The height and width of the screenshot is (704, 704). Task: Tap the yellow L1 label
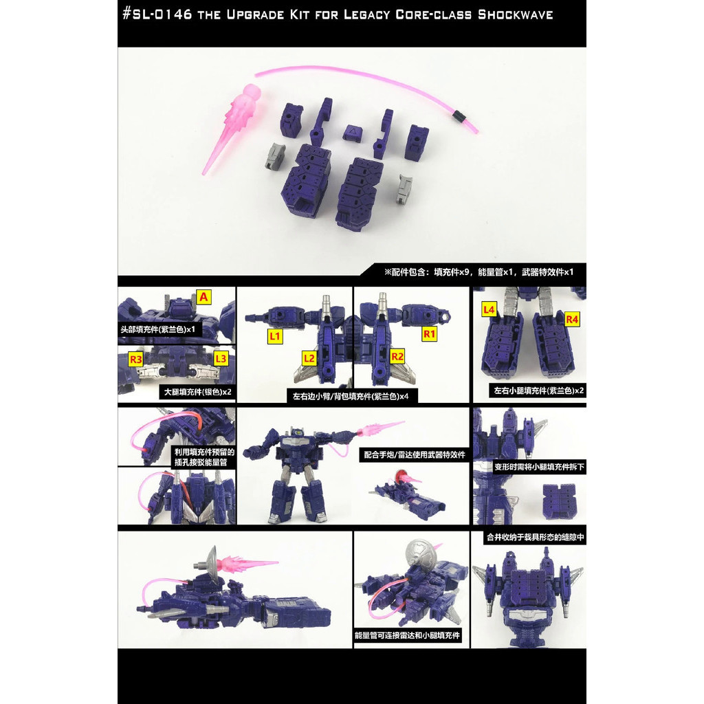point(275,336)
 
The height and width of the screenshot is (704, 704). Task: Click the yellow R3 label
point(135,358)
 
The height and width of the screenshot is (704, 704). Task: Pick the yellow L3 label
point(221,358)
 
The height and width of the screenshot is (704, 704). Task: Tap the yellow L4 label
point(489,310)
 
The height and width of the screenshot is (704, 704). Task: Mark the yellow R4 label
point(572,318)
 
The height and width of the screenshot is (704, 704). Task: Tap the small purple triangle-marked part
point(352,130)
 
